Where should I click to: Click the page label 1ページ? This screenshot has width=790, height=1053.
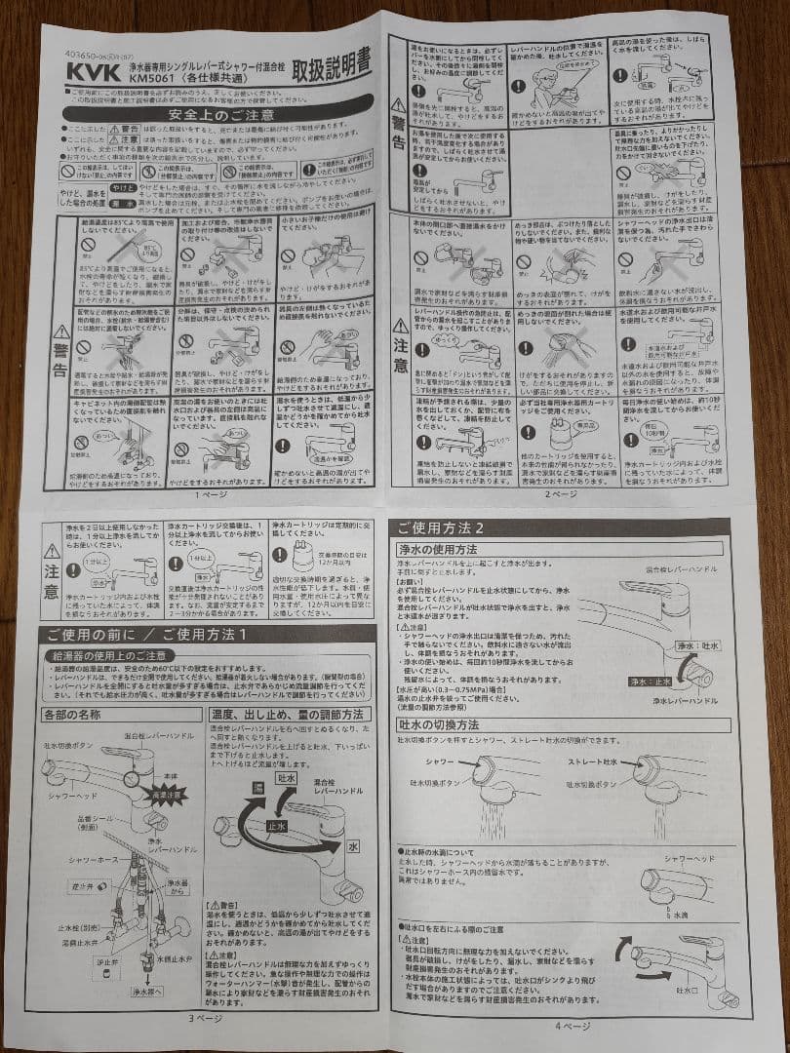point(209,494)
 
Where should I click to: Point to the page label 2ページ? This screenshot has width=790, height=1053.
point(561,494)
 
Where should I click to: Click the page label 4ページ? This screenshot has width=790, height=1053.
point(573,1025)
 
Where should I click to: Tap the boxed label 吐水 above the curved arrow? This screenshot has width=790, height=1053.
point(287,779)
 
